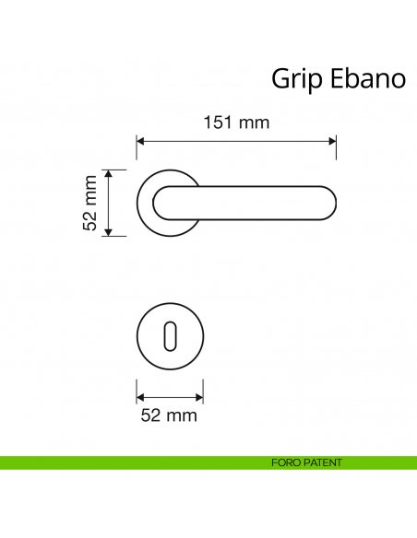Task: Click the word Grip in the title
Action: [294, 79]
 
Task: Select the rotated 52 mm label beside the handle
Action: [90, 203]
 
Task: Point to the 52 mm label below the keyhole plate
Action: [170, 415]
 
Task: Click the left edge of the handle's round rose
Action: [138, 204]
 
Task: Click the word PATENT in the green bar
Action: [323, 462]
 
